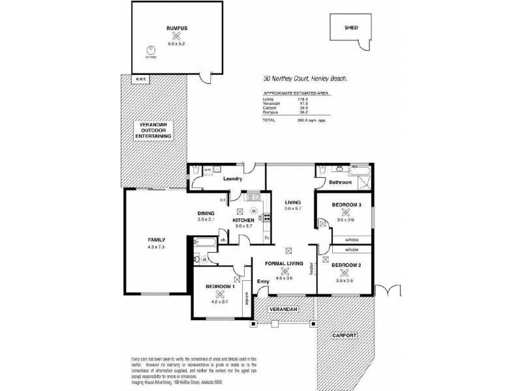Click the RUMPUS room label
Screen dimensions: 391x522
[x=176, y=27]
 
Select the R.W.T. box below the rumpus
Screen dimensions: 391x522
[x=140, y=80]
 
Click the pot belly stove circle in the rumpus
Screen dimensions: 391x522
[x=152, y=49]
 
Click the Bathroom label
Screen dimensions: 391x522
[x=339, y=183]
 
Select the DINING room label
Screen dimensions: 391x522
[x=206, y=213]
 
